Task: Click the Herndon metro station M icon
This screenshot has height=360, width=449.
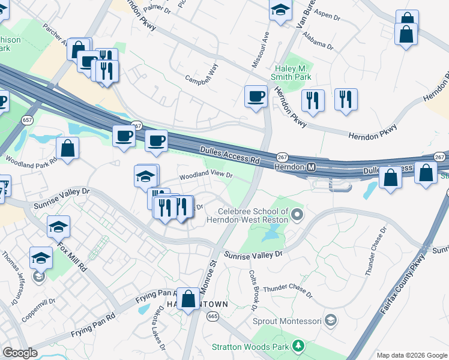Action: [312, 166]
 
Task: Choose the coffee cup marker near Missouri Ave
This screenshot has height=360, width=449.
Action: [256, 96]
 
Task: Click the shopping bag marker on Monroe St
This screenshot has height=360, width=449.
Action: [188, 298]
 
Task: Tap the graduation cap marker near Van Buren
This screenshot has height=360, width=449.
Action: [280, 10]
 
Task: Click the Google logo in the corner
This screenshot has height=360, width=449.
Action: [20, 353]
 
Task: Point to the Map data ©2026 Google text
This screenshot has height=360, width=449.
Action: [411, 355]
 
